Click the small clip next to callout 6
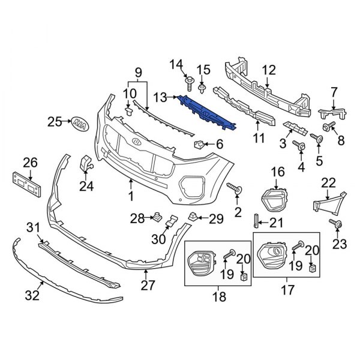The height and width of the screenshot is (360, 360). pyautogui.click(x=199, y=144)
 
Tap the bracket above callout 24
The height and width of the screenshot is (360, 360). pyautogui.click(x=87, y=162)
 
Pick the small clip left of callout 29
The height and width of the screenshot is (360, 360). pyautogui.click(x=192, y=215)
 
